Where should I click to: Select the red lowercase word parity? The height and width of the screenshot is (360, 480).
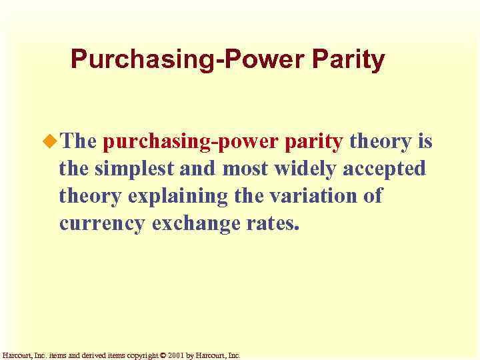[x=313, y=142]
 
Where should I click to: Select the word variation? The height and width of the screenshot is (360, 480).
[x=312, y=197]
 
